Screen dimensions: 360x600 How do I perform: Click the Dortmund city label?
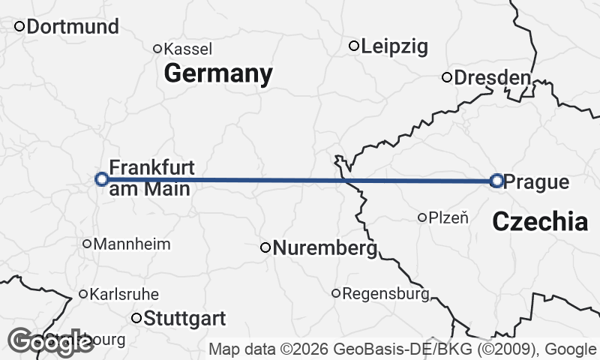click(x=73, y=27)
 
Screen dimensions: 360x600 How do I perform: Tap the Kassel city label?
click(x=187, y=49)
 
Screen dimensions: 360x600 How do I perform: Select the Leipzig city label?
click(x=394, y=46)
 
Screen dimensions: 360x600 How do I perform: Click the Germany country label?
click(x=217, y=73)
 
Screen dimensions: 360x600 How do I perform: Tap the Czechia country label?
click(x=540, y=221)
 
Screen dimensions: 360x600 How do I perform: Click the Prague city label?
click(x=536, y=181)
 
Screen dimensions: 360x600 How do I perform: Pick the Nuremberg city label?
click(x=324, y=247)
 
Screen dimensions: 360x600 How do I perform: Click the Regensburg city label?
click(x=385, y=293)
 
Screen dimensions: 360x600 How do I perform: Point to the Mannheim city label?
click(x=132, y=244)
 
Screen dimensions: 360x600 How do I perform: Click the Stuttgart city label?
click(x=184, y=319)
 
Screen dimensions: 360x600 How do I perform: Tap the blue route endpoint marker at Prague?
click(x=496, y=180)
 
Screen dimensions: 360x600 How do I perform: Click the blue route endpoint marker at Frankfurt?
click(x=102, y=178)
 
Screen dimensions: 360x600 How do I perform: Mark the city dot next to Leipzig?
click(x=354, y=46)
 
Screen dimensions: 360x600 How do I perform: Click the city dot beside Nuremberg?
click(x=265, y=247)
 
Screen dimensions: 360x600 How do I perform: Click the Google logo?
click(x=51, y=343)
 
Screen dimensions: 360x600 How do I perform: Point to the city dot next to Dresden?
click(x=447, y=77)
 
